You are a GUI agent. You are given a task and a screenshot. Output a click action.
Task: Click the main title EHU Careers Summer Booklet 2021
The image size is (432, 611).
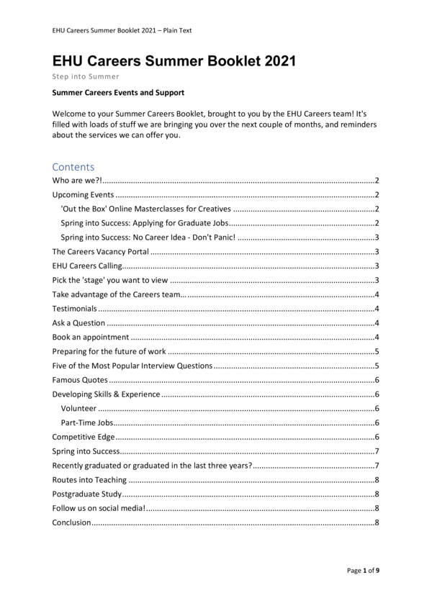[174, 61]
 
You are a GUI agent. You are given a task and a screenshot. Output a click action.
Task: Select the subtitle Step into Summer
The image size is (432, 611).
[86, 76]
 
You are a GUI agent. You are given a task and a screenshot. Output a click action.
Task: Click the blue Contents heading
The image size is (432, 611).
[73, 167]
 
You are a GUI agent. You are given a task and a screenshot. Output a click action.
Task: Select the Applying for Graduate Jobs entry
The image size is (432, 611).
[145, 223]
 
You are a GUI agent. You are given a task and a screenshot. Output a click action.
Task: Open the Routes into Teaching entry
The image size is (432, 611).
[90, 479]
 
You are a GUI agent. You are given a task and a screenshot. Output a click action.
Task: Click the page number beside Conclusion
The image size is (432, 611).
[377, 522]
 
